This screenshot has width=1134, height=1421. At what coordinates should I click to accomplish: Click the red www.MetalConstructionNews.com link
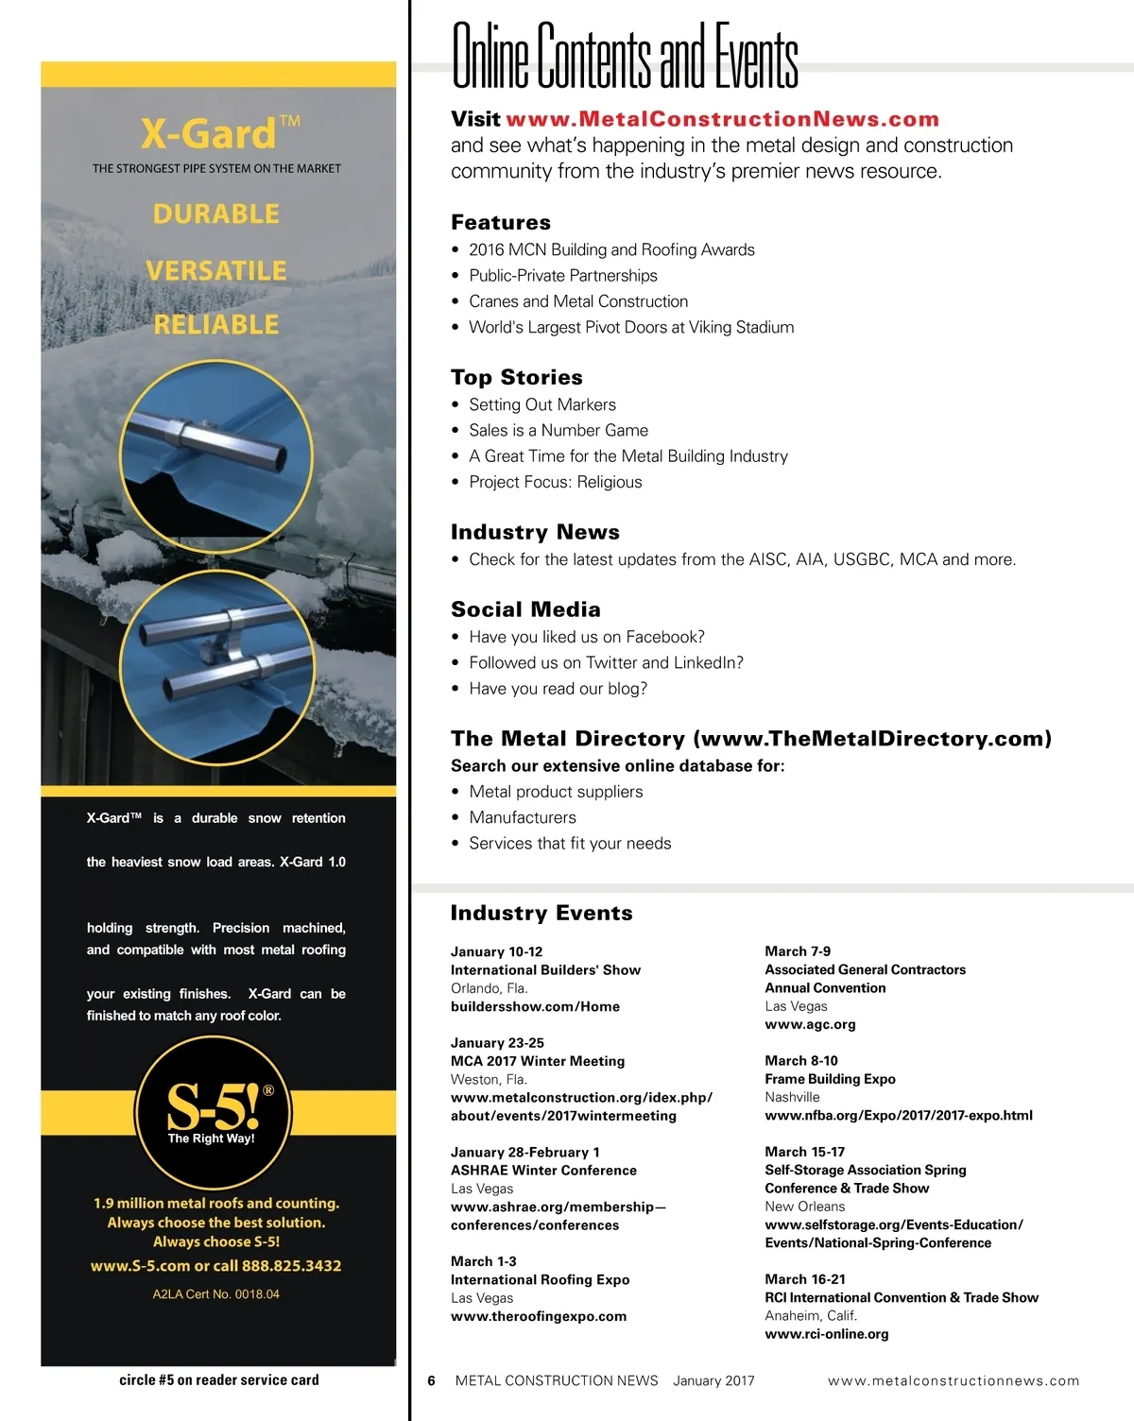click(x=722, y=119)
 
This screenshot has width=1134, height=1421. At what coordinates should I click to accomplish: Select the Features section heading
click(x=500, y=222)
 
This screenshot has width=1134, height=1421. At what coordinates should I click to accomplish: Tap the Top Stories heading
click(x=516, y=377)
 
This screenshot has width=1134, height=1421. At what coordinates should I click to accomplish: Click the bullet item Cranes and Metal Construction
click(x=578, y=301)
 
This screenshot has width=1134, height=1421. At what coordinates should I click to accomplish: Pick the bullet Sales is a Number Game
click(x=558, y=430)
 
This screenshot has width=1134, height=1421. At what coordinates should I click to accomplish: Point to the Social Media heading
click(x=525, y=609)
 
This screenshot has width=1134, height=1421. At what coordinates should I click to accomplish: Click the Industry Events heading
click(x=541, y=913)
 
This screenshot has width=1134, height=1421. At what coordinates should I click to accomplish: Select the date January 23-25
click(x=497, y=1043)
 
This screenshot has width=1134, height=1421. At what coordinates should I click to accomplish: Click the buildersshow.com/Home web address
click(x=535, y=1006)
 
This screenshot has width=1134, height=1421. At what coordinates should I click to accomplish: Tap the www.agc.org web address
click(x=810, y=1024)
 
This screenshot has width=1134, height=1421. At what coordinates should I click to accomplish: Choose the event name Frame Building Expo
click(x=830, y=1079)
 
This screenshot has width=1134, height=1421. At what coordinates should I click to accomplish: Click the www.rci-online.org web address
click(x=826, y=1334)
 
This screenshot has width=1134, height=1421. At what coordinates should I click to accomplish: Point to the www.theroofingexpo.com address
click(x=538, y=1316)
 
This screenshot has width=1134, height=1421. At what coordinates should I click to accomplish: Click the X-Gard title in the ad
click(x=210, y=134)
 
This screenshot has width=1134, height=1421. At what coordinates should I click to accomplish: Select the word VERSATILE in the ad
click(x=216, y=271)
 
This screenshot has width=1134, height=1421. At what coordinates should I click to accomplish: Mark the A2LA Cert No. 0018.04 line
click(x=215, y=1294)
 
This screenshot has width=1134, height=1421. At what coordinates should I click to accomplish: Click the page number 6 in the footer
click(x=431, y=1380)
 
